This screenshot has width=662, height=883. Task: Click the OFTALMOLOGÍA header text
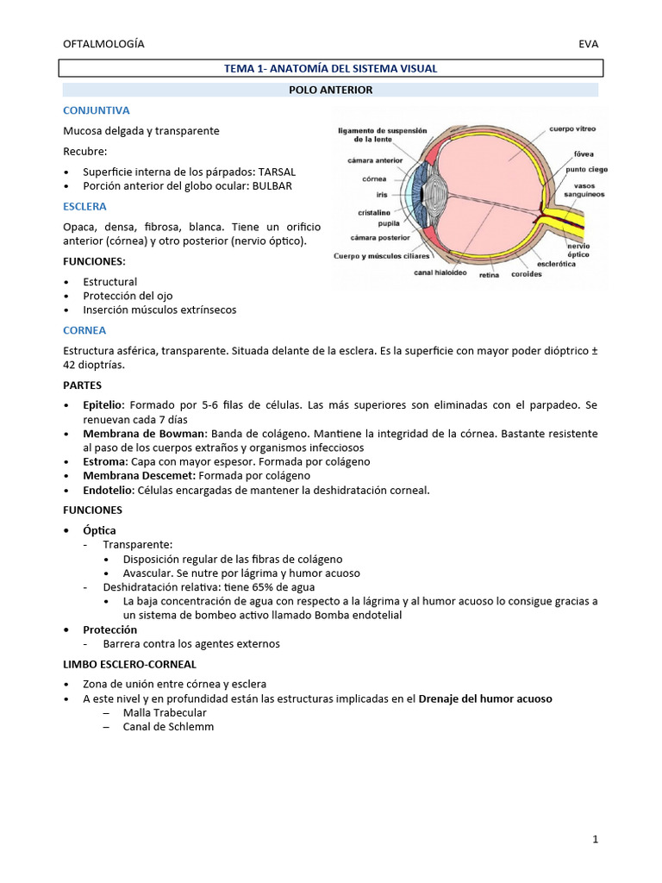(104, 44)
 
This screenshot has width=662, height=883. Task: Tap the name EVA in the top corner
(589, 44)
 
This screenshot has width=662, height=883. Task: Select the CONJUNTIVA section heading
(97, 110)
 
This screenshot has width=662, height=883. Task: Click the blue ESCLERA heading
(85, 206)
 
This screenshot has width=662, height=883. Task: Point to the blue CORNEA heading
(84, 330)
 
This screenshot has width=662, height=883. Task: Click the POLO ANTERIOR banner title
(331, 90)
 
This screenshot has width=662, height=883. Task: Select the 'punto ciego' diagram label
(586, 170)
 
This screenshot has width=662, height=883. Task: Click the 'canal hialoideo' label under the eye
(440, 273)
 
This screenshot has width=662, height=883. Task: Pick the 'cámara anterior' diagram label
(371, 160)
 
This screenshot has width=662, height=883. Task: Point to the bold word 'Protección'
(109, 629)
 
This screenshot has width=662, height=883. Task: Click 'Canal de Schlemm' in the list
(168, 727)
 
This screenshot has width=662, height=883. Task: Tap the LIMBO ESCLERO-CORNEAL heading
(129, 664)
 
